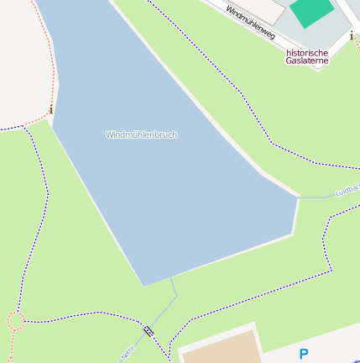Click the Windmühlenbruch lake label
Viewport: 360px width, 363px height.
[141, 134]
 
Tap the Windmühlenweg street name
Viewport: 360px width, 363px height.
[250, 21]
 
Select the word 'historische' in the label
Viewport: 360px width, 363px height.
[307, 52]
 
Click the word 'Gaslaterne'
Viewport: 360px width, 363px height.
[307, 60]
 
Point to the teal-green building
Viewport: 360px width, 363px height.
[311, 11]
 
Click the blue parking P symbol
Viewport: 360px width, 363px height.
[304, 355]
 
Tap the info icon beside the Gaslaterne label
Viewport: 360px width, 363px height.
[351, 36]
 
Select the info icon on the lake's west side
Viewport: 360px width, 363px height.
[50, 110]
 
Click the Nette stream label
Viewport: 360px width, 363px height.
[128, 353]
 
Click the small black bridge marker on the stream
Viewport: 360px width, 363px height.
[149, 331]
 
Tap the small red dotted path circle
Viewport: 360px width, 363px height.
[15, 320]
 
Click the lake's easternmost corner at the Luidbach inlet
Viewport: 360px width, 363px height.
[299, 198]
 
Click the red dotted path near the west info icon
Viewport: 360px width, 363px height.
[52, 84]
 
